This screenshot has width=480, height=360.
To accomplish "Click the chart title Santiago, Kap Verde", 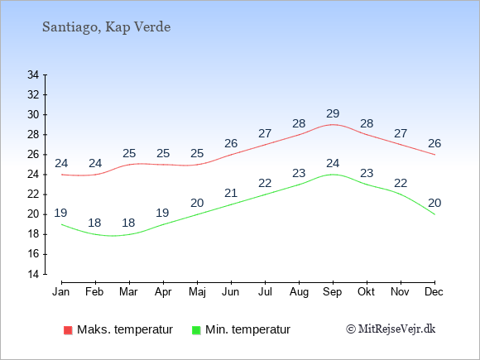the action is (106, 27).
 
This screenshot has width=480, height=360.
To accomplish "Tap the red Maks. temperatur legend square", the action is (68, 330).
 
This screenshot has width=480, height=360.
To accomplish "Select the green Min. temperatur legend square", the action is (196, 330).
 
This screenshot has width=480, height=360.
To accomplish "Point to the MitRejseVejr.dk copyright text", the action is (391, 329).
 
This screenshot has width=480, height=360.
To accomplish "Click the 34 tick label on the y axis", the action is (33, 74).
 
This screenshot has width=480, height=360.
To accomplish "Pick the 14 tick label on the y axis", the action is (33, 274).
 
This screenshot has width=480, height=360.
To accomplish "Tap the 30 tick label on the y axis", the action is (33, 115).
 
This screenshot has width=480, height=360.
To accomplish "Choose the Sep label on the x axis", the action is (333, 292).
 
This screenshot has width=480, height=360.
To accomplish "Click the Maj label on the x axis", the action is (197, 292).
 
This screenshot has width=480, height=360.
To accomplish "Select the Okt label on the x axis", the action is (366, 292).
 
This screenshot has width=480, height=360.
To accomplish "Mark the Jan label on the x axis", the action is (61, 292).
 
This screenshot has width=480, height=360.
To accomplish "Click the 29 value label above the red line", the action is (333, 114).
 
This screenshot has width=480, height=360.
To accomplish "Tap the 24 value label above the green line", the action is (333, 164).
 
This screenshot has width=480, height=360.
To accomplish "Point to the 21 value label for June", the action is (231, 193).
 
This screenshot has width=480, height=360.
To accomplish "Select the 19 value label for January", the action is (60, 213).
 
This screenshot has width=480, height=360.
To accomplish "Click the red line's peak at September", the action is (333, 125).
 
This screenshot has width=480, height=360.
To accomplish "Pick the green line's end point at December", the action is (434, 214).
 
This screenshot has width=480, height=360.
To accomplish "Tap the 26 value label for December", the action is (434, 143).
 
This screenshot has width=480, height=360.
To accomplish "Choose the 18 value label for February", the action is (94, 223).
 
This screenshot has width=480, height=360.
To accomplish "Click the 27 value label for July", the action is (265, 134).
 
